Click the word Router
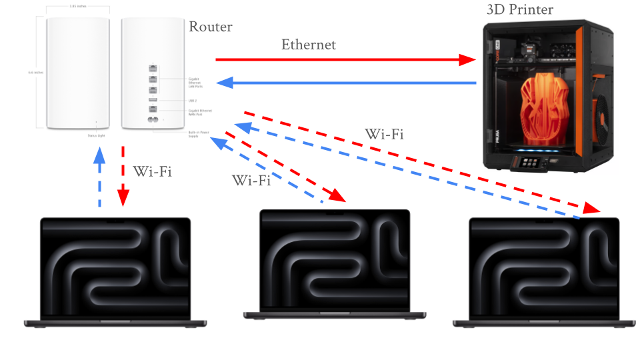coord(211,27)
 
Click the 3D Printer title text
coord(519,9)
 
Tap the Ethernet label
coord(309,45)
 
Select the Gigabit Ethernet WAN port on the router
coord(153,109)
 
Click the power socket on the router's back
coord(153,120)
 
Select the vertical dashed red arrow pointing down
coord(123,177)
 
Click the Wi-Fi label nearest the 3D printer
coord(385,133)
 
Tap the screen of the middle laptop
coord(334,260)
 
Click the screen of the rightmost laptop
coord(544,267)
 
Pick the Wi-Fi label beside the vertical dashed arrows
coord(153,171)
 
